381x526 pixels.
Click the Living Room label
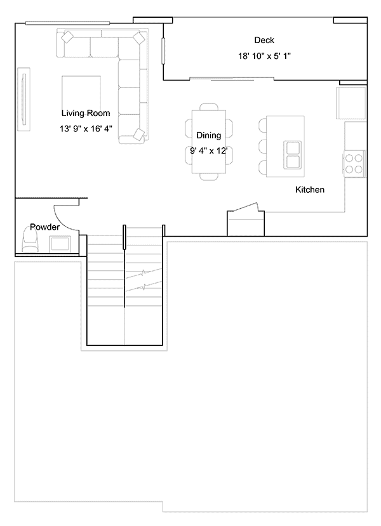click(86, 113)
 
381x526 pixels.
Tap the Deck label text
click(264, 40)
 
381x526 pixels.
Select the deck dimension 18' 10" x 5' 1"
click(264, 56)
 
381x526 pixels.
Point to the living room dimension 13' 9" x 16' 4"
click(86, 128)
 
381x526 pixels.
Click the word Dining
click(208, 136)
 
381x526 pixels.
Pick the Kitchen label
click(310, 190)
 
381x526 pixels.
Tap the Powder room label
click(44, 227)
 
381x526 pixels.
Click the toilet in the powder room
click(30, 239)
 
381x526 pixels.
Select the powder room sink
click(60, 244)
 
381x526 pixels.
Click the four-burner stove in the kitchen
click(354, 164)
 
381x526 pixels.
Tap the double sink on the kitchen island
click(292, 155)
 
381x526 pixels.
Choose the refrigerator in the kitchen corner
click(351, 103)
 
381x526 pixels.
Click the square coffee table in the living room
click(81, 93)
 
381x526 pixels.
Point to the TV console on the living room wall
click(24, 99)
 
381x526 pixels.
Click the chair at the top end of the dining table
click(209, 107)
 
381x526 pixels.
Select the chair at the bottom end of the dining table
click(209, 177)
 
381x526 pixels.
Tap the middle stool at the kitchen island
click(263, 147)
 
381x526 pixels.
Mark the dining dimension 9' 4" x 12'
click(209, 151)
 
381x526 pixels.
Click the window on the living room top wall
click(67, 23)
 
